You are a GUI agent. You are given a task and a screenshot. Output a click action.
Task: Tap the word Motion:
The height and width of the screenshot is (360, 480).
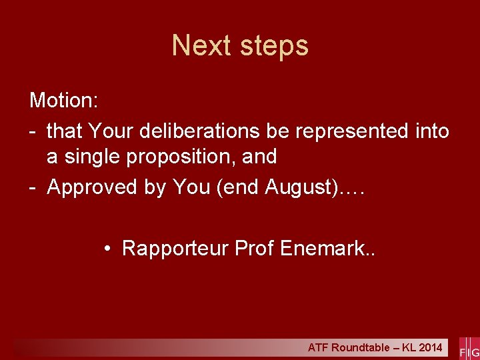point(64,101)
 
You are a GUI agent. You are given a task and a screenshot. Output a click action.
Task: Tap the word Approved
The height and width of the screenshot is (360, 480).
point(93,188)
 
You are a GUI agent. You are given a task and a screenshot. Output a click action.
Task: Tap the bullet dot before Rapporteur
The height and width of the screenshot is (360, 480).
point(107,249)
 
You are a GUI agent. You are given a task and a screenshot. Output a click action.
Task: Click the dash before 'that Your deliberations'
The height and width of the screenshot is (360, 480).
point(33,131)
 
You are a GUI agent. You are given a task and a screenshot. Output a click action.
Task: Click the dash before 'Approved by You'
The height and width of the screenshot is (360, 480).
point(33,187)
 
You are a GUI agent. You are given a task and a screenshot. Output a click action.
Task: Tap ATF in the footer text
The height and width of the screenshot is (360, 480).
point(318,348)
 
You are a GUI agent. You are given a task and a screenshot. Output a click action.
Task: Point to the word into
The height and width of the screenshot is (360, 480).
point(431,131)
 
